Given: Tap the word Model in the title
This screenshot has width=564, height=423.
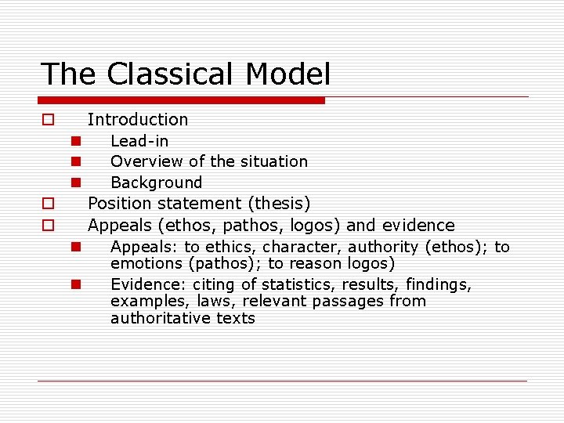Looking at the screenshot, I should (x=287, y=74).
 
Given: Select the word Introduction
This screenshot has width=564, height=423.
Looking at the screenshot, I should (x=138, y=119).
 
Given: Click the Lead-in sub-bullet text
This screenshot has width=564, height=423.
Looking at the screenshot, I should (x=139, y=141).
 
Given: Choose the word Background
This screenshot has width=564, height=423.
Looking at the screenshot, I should (x=156, y=183).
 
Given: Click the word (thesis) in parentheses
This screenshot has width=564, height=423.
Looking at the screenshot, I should (x=279, y=204).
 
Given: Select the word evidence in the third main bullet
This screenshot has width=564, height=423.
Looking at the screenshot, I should (x=418, y=226).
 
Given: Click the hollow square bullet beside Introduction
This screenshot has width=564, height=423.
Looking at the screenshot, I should (x=48, y=120).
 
